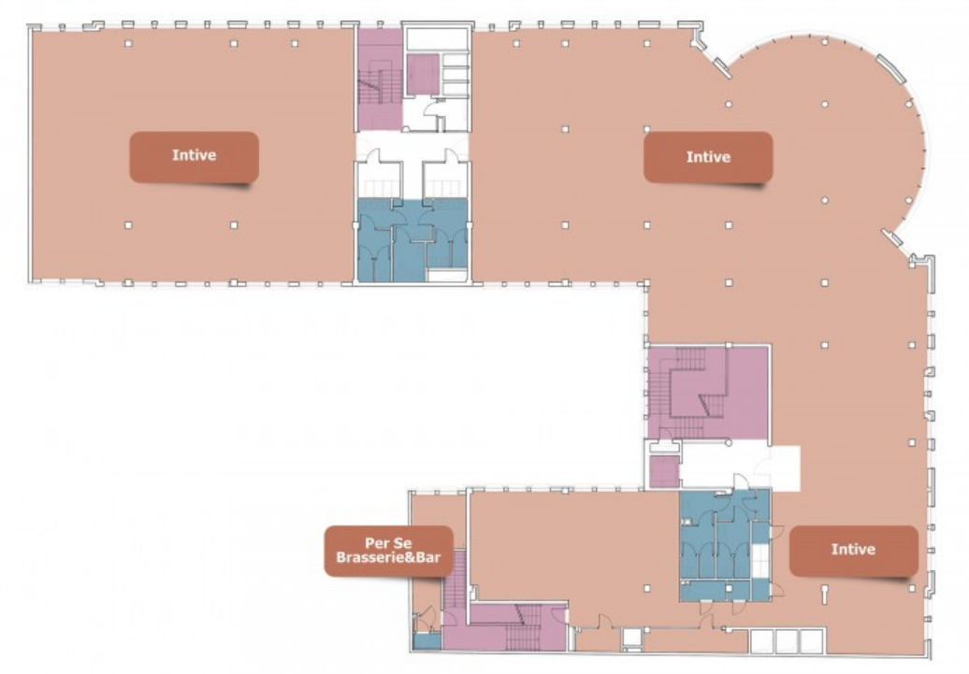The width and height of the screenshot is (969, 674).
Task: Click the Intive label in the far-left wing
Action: click(194, 155)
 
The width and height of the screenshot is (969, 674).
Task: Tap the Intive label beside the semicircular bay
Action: click(708, 157)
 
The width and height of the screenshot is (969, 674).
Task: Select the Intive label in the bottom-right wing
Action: click(853, 550)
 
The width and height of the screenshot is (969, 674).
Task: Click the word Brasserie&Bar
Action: click(388, 557)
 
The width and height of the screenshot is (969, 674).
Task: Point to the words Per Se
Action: click(388, 543)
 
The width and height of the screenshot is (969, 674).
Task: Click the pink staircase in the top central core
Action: click(380, 79)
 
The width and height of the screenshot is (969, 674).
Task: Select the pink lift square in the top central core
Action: click(423, 75)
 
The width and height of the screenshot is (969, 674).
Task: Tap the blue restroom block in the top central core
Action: click(412, 239)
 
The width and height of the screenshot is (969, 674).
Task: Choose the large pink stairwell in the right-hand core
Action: click(708, 394)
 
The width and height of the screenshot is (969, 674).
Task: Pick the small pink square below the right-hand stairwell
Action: click(664, 471)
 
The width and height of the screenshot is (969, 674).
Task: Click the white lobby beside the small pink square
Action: click(739, 466)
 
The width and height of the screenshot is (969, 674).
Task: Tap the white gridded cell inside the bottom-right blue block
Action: click(760, 561)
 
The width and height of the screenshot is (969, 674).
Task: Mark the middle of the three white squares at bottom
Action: click(787, 640)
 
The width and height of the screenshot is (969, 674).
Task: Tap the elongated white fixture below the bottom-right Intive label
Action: click(824, 595)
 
